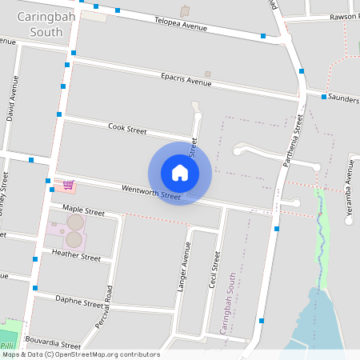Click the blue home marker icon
tap(180, 173)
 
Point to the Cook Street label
tap(127, 128)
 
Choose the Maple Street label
tap(83, 212)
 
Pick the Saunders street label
tap(344, 96)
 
